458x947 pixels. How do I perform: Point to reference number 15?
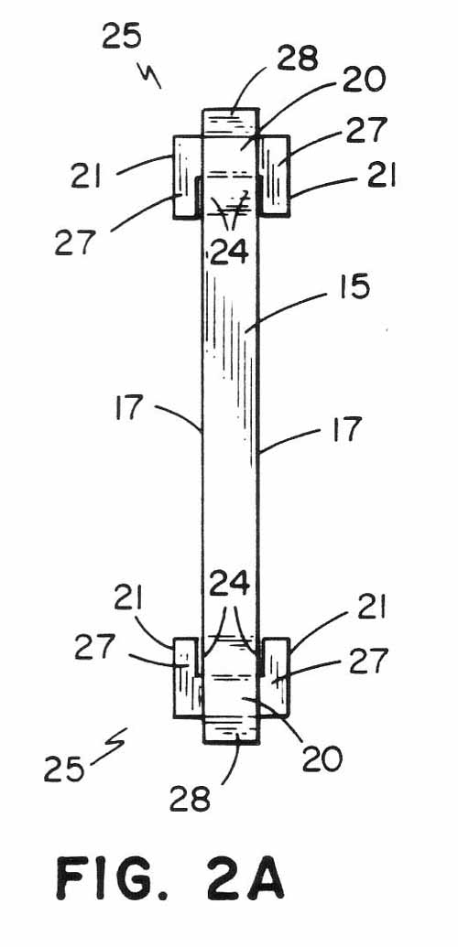coord(354,287)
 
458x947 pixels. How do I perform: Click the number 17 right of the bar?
coord(346,429)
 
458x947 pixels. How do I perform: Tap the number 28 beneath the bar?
coord(190,799)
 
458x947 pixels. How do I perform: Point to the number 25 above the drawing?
coord(122,37)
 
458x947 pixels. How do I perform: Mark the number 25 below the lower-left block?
coord(63,769)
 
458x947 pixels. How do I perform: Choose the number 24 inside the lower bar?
coord(229,584)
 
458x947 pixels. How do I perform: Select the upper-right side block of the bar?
coord(274,177)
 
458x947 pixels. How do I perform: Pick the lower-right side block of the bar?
coord(274,678)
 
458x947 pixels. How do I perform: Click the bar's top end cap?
coord(230,124)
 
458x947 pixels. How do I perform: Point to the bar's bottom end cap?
coord(230,729)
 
